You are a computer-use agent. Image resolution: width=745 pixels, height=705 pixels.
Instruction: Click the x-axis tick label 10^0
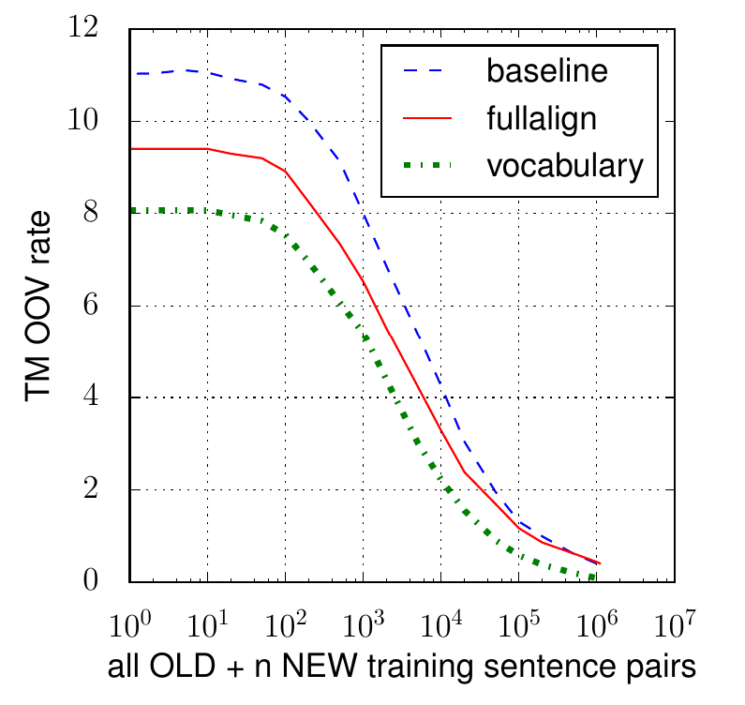pos(130,621)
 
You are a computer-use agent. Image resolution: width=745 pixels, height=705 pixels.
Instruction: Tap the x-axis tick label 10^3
pos(362,621)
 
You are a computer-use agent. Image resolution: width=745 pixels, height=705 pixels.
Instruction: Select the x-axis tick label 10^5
pos(516,621)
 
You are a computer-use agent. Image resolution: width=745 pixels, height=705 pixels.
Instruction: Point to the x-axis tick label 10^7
pos(671,621)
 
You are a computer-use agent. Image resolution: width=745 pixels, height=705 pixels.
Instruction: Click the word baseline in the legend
pos(546,71)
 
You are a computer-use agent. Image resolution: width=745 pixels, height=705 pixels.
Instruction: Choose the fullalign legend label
pos(545,119)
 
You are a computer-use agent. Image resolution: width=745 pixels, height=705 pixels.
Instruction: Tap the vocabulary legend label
pos(566,166)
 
